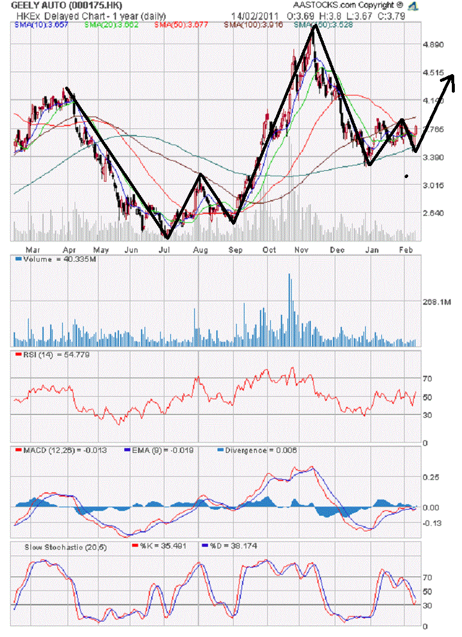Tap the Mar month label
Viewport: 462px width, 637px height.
tap(33, 249)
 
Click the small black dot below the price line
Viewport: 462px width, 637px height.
tap(406, 176)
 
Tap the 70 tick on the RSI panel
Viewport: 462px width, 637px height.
tap(427, 379)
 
